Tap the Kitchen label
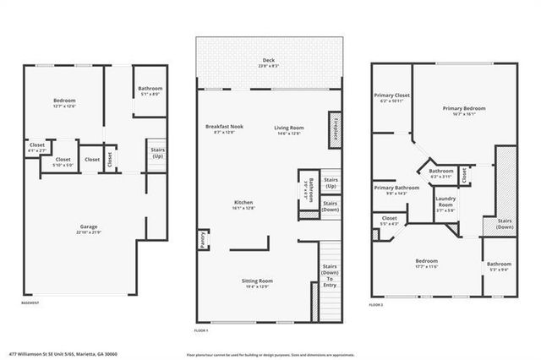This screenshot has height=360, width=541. coord(243,204)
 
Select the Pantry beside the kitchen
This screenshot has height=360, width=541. coord(203,240)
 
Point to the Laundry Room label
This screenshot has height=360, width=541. coord(445,204)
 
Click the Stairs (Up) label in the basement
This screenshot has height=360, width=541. coord(157,154)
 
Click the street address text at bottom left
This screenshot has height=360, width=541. coord(63,354)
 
